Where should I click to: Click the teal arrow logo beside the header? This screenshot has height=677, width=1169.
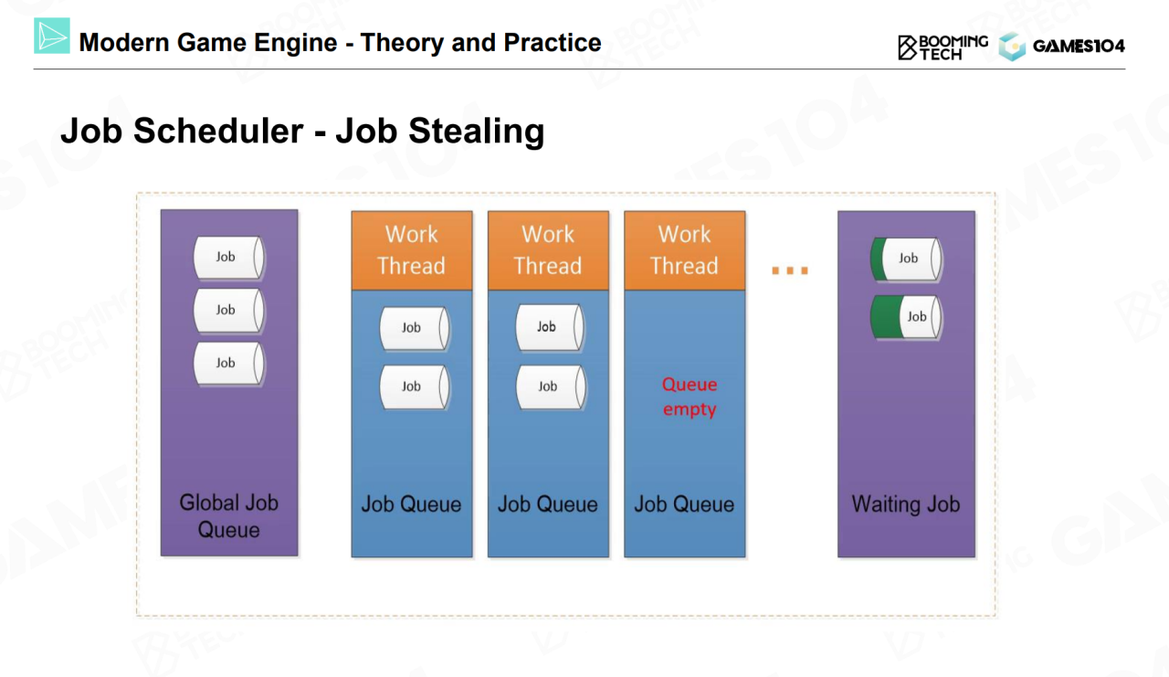52,36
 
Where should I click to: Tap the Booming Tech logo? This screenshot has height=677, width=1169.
943,48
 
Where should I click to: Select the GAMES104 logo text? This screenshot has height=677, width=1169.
1079,47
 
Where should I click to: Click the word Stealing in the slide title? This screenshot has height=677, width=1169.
477,131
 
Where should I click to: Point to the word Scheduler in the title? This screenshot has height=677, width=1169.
218,131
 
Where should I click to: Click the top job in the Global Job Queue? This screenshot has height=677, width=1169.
228,258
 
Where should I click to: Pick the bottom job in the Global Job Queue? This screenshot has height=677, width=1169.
228,364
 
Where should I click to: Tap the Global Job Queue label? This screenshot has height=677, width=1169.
228,516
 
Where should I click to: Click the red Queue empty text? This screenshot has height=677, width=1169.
690,397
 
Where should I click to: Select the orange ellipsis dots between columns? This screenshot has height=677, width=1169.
790,270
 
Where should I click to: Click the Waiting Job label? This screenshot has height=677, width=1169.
905,504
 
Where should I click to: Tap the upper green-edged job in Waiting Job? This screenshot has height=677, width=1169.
907,259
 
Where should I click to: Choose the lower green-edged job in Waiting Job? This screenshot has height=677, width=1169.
907,317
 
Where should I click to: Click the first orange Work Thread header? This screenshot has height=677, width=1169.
412,250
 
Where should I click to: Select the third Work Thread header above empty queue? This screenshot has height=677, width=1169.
685,250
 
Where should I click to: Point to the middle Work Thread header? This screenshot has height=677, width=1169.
548,250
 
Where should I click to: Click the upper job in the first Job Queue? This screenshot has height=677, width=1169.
415,328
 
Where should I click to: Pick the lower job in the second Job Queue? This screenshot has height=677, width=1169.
551,386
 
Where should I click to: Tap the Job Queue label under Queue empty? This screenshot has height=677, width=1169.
684,504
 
